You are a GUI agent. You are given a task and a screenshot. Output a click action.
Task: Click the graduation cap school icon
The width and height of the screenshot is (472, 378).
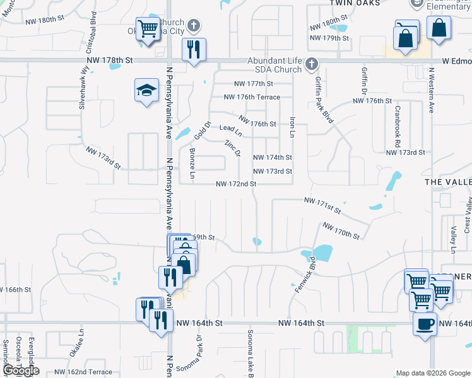point(146,91)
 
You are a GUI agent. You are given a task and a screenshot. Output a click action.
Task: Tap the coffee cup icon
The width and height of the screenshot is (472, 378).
point(424,324)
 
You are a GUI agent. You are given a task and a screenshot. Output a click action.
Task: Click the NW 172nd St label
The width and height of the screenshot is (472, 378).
point(236,184)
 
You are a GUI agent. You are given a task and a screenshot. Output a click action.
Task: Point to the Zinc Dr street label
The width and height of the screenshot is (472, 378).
point(233,149)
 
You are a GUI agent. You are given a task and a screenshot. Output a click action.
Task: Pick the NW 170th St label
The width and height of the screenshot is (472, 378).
point(341,231)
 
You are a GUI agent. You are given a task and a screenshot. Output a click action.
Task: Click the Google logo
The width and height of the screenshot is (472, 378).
point(20,370)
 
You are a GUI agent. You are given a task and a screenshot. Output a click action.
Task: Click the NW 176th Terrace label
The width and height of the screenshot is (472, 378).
point(252,97)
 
